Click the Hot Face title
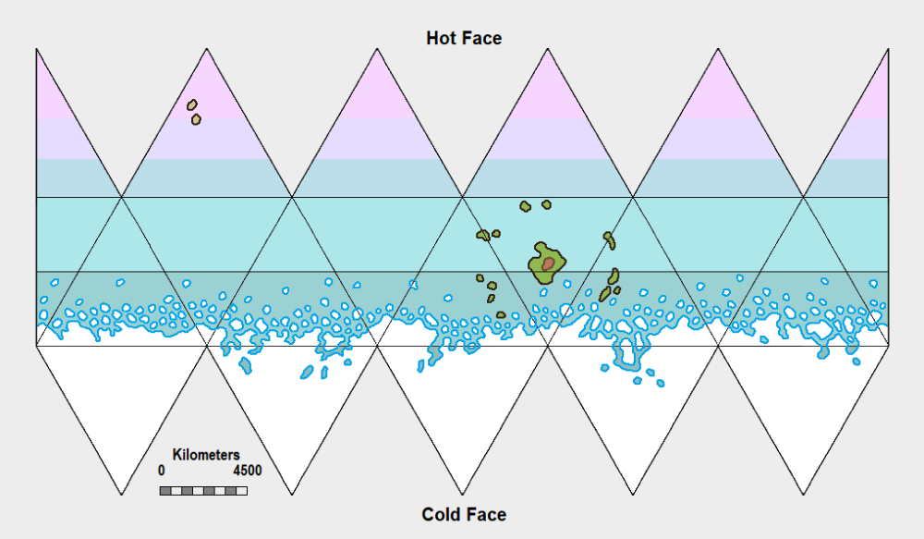(464, 38)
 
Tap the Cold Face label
(464, 514)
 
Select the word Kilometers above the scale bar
(206, 455)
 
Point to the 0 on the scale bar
(162, 470)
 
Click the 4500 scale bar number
(247, 470)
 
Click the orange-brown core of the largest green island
(548, 264)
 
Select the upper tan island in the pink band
(192, 104)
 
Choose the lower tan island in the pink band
(196, 119)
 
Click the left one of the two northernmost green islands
(525, 206)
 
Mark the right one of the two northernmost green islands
(546, 204)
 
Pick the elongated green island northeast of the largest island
(609, 240)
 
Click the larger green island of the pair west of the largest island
(482, 235)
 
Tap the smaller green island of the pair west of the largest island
(496, 234)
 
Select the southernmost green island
(501, 315)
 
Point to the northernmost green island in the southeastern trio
(614, 276)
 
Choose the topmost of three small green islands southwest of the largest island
(480, 277)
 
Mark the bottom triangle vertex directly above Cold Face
(462, 495)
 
